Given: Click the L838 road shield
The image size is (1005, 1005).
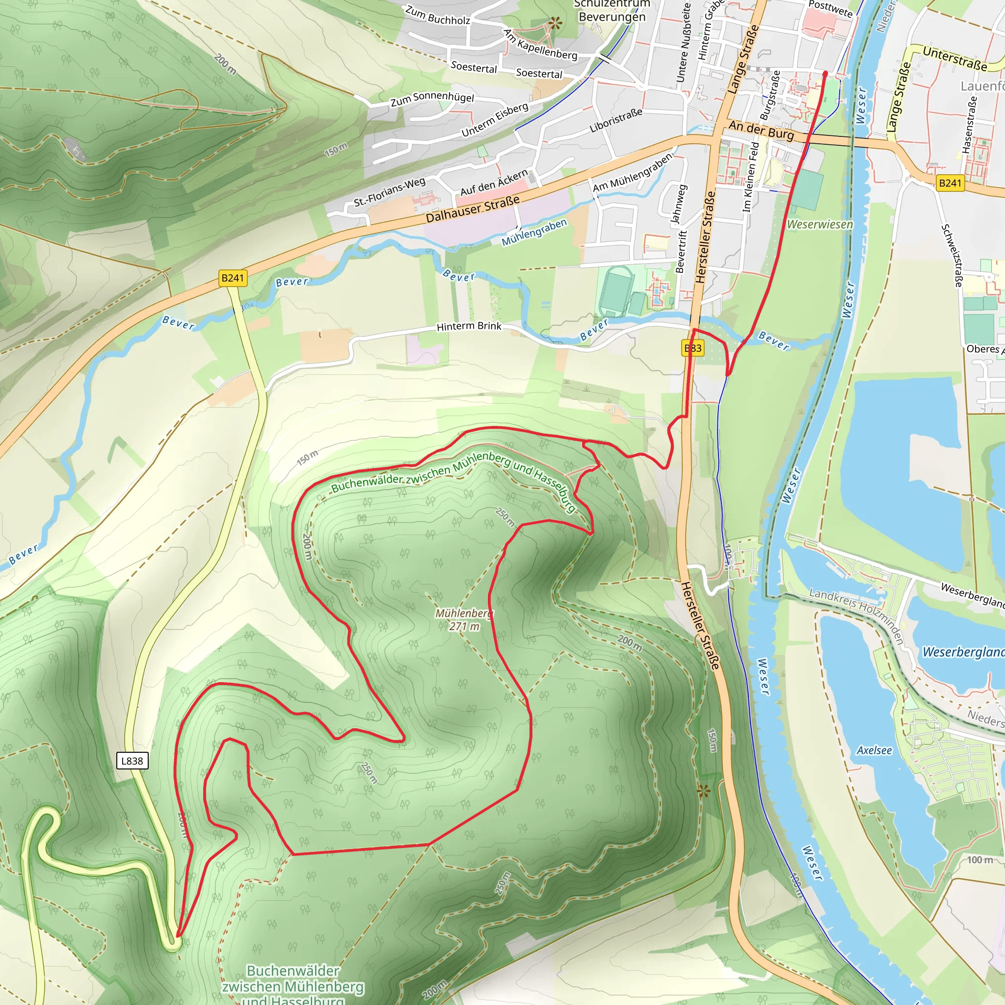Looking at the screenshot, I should pos(132,761).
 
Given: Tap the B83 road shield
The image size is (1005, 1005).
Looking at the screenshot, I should pos(693,348).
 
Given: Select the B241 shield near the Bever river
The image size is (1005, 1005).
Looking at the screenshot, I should pos(233,278).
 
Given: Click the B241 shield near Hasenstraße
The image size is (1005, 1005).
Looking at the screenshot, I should pos(950,183).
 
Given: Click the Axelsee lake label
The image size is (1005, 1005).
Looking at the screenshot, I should pos(874,750).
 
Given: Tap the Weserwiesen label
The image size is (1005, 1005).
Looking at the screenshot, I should pos(820,224).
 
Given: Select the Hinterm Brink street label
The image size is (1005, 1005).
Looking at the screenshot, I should pos(469,326).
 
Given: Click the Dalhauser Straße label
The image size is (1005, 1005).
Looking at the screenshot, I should pos(473,209).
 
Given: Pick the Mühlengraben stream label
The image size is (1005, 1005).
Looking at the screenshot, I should pos(534,232).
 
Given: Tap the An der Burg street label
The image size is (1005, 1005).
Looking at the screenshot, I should pos(761,130).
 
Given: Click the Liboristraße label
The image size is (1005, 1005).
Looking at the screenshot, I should pos(616,121).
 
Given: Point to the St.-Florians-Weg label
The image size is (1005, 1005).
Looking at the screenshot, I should pos(390,192).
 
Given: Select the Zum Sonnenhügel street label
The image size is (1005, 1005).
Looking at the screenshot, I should pos(432,98).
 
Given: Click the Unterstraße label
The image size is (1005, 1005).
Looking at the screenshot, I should pos(954,58).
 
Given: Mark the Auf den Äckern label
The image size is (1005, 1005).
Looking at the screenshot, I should pos(494,183).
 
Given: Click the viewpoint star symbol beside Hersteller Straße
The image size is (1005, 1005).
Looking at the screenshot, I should pos(703,791).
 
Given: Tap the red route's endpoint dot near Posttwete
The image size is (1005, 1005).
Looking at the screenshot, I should pos(825,74).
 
